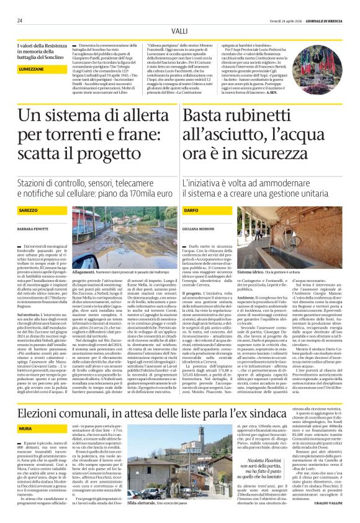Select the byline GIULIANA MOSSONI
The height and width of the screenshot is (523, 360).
pyautogui.click(x=214, y=230)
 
